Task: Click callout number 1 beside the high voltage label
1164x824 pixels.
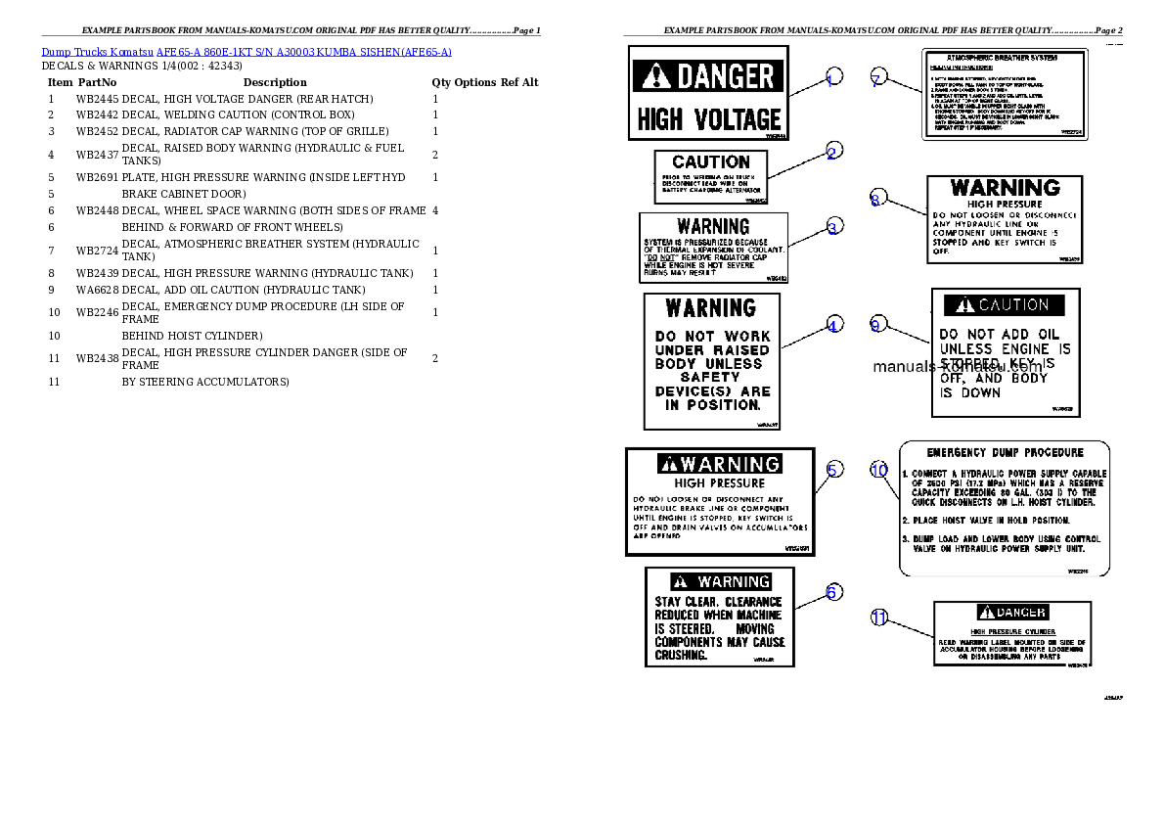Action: pos(831,79)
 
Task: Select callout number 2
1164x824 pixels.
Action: pos(831,152)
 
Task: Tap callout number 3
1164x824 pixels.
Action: pos(832,227)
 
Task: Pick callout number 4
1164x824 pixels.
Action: pos(833,325)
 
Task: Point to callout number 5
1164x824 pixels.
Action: pos(832,470)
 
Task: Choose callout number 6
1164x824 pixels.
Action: pos(832,592)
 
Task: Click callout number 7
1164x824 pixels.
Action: pos(877,80)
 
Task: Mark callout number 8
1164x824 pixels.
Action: pos(876,200)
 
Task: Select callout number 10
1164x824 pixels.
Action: pos(878,471)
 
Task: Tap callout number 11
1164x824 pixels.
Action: pos(878,617)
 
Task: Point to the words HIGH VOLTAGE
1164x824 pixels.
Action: pos(709,119)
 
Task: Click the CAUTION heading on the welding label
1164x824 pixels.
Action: pos(711,161)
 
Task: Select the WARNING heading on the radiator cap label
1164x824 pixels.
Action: pos(713,226)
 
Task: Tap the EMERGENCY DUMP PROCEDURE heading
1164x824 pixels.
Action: pos(1005,452)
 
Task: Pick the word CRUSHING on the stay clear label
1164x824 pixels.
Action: pos(680,655)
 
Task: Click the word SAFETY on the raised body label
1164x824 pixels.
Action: pos(711,377)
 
